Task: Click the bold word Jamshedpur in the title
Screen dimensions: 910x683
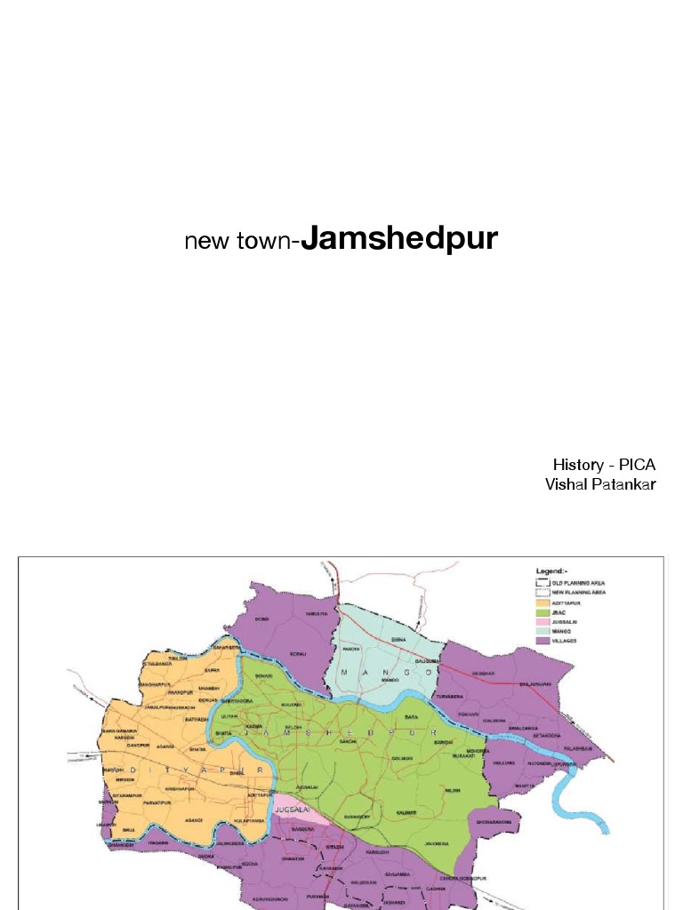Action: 399,239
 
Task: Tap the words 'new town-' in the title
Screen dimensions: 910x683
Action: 242,242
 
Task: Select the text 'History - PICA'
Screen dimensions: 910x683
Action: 604,465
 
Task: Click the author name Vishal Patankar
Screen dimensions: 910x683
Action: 600,484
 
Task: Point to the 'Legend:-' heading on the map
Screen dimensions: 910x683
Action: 551,571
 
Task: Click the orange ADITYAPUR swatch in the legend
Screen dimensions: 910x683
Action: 542,603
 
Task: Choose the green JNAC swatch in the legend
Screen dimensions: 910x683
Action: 542,612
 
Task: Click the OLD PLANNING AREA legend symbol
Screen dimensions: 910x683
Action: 542,582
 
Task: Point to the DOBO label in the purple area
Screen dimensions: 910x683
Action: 261,619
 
